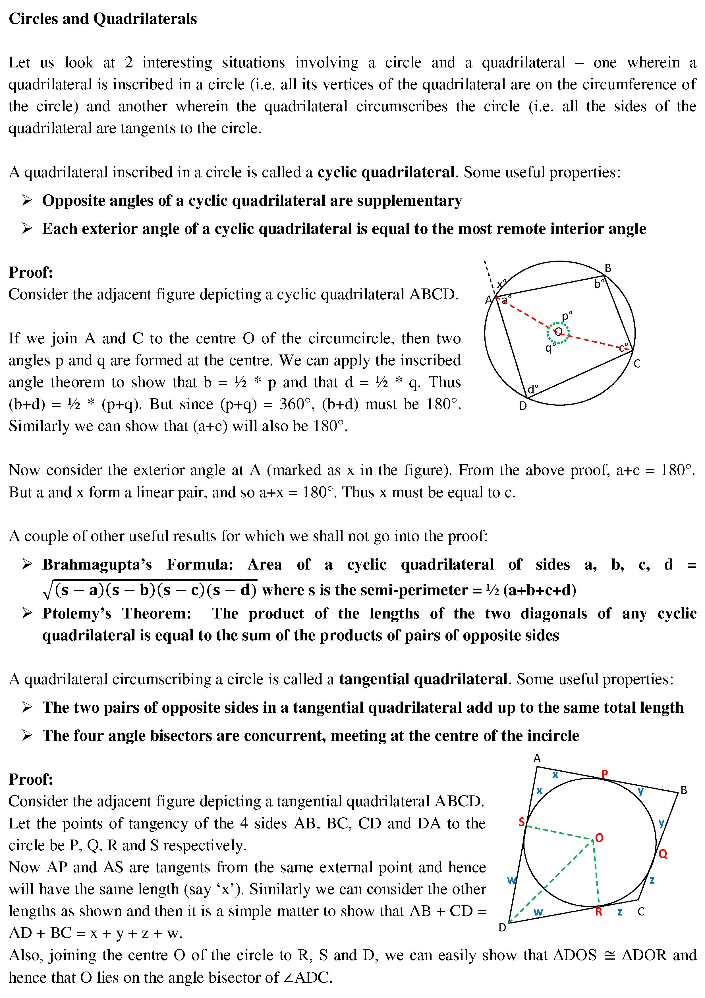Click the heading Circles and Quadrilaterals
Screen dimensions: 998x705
pos(103,19)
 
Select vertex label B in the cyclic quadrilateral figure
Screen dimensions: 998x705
pos(608,269)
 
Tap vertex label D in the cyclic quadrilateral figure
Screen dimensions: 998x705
pos(523,406)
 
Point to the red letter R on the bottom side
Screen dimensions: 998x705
pos(599,912)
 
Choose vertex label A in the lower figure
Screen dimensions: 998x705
pos(537,758)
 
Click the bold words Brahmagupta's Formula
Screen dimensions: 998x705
pos(138,564)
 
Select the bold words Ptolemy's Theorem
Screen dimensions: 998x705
pos(117,613)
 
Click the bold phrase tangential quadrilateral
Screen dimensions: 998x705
pos(423,679)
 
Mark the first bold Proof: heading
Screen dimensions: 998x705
pos(31,273)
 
